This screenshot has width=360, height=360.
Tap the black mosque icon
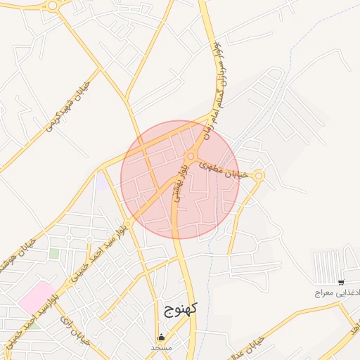(162, 337)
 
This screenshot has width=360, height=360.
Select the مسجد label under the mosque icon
(161, 347)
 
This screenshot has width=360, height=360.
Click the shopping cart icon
(341, 282)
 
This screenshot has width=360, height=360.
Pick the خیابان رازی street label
(72, 332)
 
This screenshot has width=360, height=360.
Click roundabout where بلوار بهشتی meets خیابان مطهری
(190, 155)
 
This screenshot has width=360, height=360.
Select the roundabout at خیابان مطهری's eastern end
(259, 176)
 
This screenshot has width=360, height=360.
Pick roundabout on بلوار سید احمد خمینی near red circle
(128, 223)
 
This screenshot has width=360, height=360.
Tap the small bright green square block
(54, 253)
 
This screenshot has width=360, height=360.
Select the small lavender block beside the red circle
(103, 181)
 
